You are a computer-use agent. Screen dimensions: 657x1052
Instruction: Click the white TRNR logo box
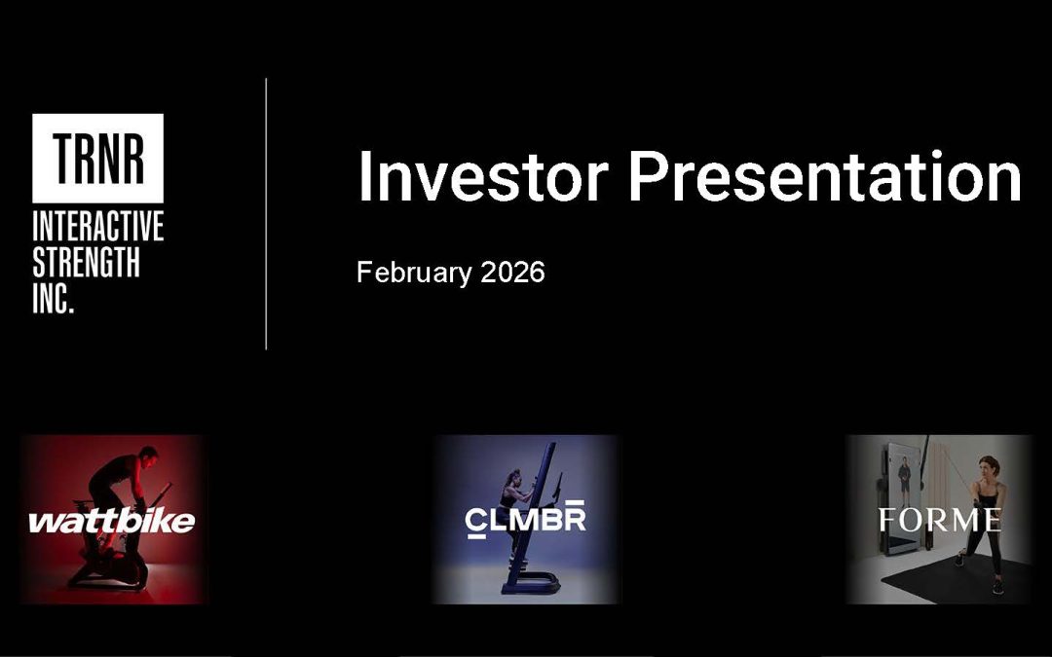pyautogui.click(x=97, y=158)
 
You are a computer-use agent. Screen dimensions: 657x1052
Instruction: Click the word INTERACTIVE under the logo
pyautogui.click(x=97, y=229)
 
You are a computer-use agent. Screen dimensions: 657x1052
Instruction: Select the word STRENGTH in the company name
pyautogui.click(x=86, y=263)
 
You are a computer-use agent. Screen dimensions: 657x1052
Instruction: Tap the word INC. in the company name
pyautogui.click(x=54, y=298)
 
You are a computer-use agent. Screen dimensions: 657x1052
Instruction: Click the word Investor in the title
pyautogui.click(x=482, y=177)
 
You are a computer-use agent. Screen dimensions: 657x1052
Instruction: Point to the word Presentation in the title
pyautogui.click(x=824, y=177)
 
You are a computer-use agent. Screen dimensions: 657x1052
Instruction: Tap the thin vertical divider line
pyautogui.click(x=266, y=214)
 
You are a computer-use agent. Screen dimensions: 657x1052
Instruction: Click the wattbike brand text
pyautogui.click(x=111, y=522)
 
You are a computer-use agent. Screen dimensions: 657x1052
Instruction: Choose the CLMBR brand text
pyautogui.click(x=525, y=519)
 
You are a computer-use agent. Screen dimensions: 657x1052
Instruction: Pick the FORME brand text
pyautogui.click(x=939, y=520)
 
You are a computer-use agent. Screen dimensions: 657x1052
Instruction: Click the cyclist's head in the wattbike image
pyautogui.click(x=147, y=455)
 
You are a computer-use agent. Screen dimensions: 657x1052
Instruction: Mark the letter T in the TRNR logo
pyautogui.click(x=63, y=159)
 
